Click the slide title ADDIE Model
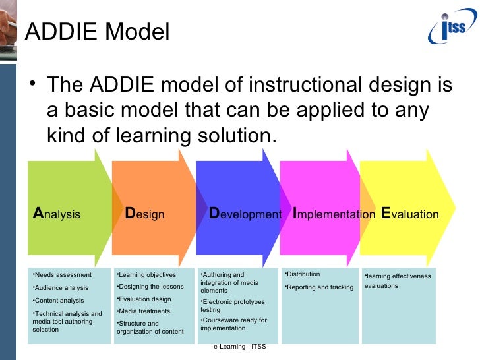(97, 32)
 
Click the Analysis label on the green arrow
(57, 214)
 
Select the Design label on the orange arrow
(144, 214)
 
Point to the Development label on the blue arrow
(245, 214)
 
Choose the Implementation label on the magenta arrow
(334, 214)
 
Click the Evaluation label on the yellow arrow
(409, 214)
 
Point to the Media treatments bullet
(143, 311)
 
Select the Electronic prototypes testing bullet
(232, 306)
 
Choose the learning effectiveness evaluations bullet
(398, 281)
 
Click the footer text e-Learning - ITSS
(239, 347)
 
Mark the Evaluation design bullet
(144, 299)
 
